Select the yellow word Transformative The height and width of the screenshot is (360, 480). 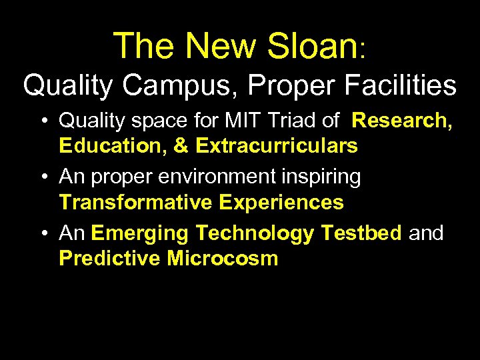pos(137,201)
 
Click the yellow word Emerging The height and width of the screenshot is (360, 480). pos(141,234)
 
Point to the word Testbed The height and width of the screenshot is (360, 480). pos(361,234)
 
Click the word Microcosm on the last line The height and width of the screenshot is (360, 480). pos(222,258)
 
